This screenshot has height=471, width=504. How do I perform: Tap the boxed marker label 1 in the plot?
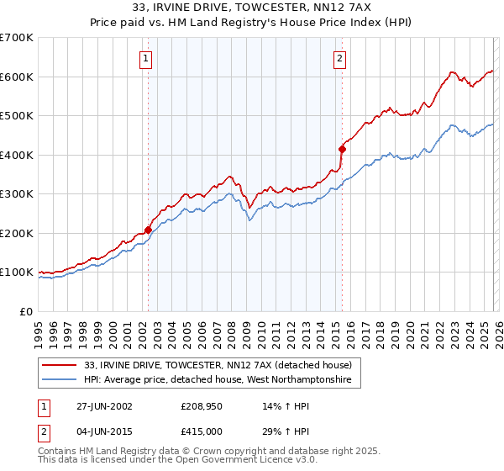[146, 58]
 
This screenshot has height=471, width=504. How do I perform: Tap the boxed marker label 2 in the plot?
[339, 58]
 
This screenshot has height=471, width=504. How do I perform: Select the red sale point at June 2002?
[149, 230]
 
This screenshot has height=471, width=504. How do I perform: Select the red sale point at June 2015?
[342, 150]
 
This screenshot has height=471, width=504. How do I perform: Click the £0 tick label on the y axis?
[25, 311]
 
